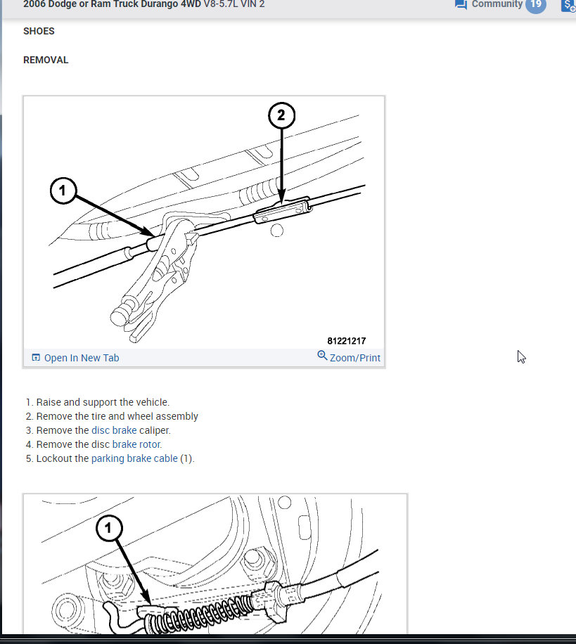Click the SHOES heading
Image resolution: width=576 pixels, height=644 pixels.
tap(39, 31)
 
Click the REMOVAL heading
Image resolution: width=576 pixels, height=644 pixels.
tap(46, 60)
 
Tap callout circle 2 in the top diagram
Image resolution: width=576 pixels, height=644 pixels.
tap(281, 115)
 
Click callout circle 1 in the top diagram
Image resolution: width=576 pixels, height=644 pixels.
tap(63, 191)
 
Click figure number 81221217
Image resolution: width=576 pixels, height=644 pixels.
tap(346, 340)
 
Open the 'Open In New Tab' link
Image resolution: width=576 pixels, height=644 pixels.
tap(81, 358)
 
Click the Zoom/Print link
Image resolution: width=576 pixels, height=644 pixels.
tap(354, 358)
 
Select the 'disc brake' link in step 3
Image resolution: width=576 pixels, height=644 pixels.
tap(114, 430)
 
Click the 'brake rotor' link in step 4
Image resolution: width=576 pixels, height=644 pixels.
tap(136, 444)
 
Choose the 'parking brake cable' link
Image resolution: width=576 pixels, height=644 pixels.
tap(134, 458)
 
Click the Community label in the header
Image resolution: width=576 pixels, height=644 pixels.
tap(497, 4)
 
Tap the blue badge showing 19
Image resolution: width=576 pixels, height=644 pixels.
tap(536, 4)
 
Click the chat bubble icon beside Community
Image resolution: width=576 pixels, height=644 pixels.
tap(461, 4)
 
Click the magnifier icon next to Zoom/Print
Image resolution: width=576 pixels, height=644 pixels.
tap(322, 356)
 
